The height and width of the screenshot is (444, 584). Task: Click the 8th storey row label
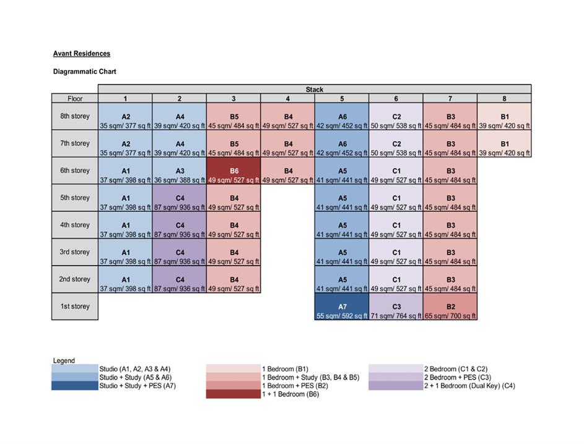pos(75,116)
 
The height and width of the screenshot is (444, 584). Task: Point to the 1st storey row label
pos(75,307)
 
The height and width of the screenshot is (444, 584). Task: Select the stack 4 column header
pos(287,98)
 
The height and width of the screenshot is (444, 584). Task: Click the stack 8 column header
pos(504,98)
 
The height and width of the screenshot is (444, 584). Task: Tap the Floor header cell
pos(75,98)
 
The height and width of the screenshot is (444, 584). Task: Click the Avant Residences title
pos(82,54)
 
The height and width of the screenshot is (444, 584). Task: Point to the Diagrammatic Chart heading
pos(85,72)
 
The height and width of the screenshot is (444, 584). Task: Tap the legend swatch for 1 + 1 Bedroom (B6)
pos(233,394)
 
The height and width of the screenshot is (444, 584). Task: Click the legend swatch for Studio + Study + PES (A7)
pos(75,386)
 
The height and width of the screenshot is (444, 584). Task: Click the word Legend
pos(64,360)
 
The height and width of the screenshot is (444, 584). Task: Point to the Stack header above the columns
pos(315,89)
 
